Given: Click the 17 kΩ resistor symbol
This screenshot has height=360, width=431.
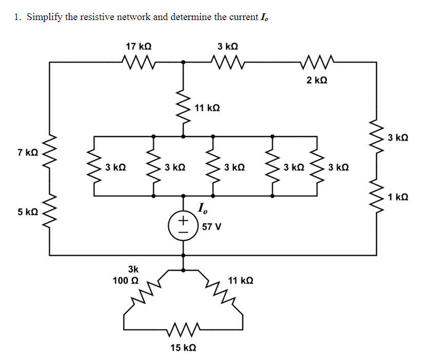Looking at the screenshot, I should coord(139,63).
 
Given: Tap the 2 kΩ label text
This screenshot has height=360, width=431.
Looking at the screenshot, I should coord(317,80).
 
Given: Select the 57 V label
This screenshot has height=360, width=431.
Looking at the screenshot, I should coord(212,226).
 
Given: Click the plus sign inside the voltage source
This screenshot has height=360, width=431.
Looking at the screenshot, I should coord(183,220).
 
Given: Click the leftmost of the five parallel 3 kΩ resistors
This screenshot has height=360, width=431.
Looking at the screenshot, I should coord(94,166).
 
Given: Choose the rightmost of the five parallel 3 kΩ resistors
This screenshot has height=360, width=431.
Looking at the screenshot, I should coord(317,166).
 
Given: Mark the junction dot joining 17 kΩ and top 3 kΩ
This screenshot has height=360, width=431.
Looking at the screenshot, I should coord(183,63).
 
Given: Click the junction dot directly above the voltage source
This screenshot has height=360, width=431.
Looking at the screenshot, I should coord(183,196).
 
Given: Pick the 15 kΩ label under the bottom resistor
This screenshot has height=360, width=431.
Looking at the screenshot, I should coord(183,348).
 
